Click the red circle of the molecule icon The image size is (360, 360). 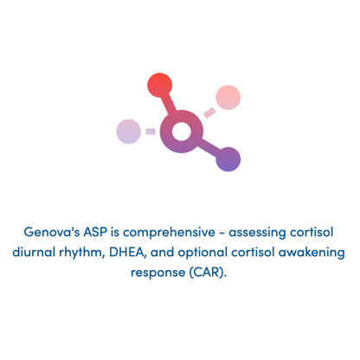coord(160,85)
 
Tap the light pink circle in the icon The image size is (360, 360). coord(228,98)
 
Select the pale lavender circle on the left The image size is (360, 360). coord(129,132)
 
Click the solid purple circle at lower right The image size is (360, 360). coord(228,159)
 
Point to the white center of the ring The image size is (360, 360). coord(181,132)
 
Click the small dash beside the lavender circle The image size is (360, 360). coord(151,132)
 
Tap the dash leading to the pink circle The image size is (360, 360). coord(209,112)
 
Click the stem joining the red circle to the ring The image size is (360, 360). coord(169,106)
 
